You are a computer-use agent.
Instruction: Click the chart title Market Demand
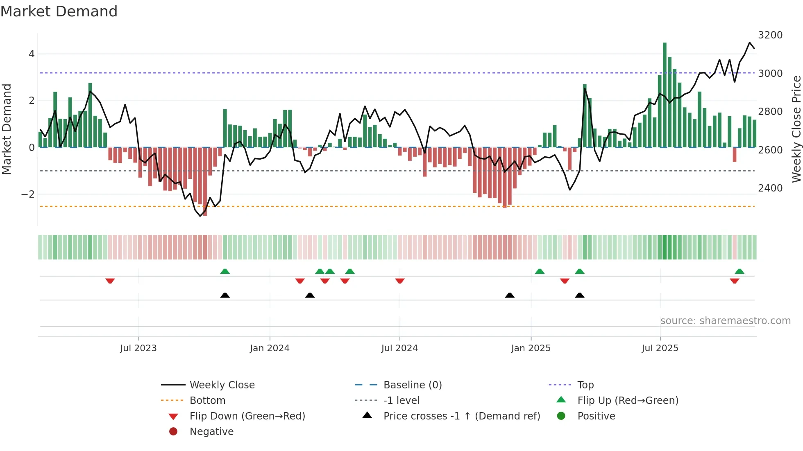click(x=59, y=11)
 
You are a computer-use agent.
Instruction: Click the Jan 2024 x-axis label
click(x=270, y=348)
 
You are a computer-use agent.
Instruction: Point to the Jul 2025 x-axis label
click(x=660, y=348)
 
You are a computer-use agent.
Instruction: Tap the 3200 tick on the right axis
click(x=770, y=35)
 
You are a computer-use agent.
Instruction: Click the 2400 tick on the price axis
click(x=770, y=188)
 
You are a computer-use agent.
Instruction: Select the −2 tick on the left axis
click(x=28, y=194)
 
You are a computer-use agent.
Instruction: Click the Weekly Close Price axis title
click(x=796, y=129)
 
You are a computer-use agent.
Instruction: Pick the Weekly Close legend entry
click(x=222, y=385)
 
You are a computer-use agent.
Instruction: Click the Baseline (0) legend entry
click(x=412, y=385)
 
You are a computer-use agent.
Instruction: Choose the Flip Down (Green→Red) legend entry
click(x=247, y=416)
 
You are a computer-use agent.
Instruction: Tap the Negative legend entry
click(x=211, y=432)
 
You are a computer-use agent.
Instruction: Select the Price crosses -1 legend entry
click(x=461, y=416)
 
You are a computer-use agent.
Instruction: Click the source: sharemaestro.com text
click(x=725, y=321)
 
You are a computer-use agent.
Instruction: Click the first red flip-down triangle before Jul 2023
click(x=110, y=281)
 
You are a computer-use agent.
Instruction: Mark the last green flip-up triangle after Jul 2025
click(x=739, y=271)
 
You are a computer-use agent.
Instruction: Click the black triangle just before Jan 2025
click(x=510, y=295)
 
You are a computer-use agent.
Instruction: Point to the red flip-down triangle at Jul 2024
click(x=400, y=281)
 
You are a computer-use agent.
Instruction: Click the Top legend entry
click(x=585, y=385)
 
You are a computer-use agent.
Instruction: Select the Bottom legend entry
click(x=207, y=401)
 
